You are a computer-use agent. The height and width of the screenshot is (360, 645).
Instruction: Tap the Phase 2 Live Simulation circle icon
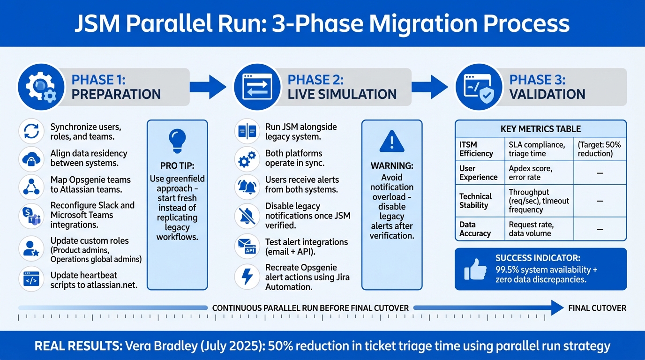click(256, 87)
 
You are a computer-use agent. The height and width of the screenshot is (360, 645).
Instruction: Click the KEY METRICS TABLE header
click(540, 128)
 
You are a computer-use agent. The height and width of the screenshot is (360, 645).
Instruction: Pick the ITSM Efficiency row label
click(476, 149)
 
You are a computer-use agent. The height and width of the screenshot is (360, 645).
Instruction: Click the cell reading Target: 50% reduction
click(600, 149)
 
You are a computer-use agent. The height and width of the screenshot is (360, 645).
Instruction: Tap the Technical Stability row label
click(475, 201)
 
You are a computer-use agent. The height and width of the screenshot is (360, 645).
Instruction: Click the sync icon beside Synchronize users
click(31, 132)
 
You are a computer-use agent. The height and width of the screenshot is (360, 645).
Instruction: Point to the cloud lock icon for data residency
click(31, 158)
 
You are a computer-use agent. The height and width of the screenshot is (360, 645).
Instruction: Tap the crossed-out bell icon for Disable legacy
click(247, 216)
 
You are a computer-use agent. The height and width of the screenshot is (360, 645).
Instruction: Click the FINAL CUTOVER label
click(597, 308)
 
